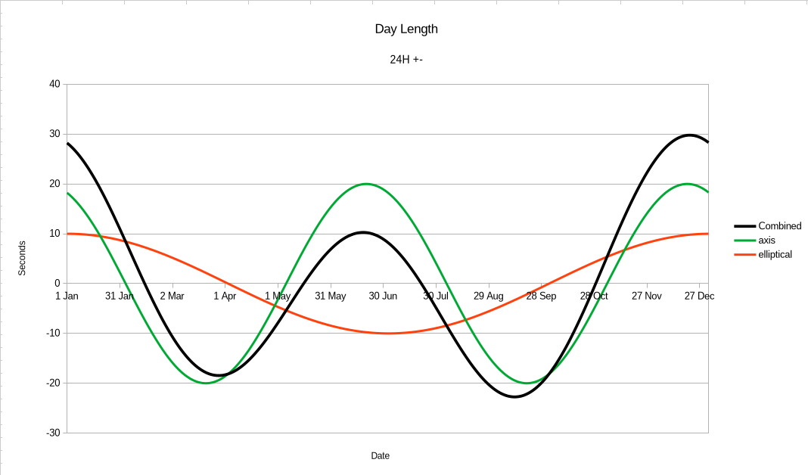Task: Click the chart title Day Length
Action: (x=406, y=29)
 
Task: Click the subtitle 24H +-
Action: (x=406, y=59)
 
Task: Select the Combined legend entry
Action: (x=779, y=226)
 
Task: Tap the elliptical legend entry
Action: (x=775, y=255)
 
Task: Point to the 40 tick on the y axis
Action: (x=55, y=84)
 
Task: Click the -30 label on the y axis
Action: (x=53, y=433)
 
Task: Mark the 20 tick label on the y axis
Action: (x=55, y=184)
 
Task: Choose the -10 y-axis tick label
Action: (x=53, y=333)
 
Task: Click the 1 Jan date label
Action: (x=67, y=296)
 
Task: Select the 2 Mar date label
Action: (x=172, y=296)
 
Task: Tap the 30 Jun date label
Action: (x=383, y=296)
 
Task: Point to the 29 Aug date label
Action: (x=489, y=296)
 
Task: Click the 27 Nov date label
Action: (x=646, y=296)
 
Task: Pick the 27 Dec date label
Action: (x=699, y=296)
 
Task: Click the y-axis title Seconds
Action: (x=22, y=258)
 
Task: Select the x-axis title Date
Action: (x=381, y=456)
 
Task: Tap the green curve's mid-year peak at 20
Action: (x=366, y=184)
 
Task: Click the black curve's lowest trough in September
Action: (x=514, y=396)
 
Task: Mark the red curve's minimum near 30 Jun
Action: (x=388, y=333)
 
